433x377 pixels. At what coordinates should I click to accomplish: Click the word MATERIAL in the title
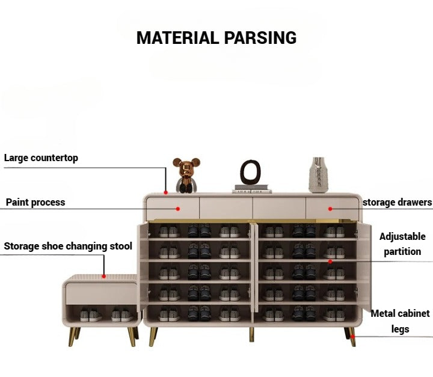[x=178, y=38]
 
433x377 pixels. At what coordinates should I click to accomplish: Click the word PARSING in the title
[x=260, y=38]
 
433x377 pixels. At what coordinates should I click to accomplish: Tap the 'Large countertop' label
[x=41, y=158]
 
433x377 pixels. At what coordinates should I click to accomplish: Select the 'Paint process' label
[x=35, y=202]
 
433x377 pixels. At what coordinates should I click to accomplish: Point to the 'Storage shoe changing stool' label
[x=68, y=246]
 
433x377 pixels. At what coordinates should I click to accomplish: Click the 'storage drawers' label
[x=398, y=202]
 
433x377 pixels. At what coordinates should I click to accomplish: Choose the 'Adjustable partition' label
[x=402, y=244]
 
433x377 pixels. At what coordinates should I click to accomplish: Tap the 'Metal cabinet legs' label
[x=400, y=321]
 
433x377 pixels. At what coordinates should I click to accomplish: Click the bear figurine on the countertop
[x=186, y=175]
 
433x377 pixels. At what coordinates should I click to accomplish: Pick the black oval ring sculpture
[x=250, y=172]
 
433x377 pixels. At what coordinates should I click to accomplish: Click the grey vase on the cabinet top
[x=318, y=174]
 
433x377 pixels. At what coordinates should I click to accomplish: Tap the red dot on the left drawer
[x=178, y=209]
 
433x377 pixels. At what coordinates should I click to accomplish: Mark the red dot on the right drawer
[x=330, y=209]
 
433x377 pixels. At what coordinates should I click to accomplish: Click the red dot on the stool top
[x=103, y=277]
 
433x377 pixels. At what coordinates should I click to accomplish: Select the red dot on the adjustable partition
[x=330, y=262]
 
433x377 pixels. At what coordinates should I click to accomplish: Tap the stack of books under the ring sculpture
[x=253, y=189]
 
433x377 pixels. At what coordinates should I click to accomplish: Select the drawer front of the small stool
[x=102, y=293]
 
